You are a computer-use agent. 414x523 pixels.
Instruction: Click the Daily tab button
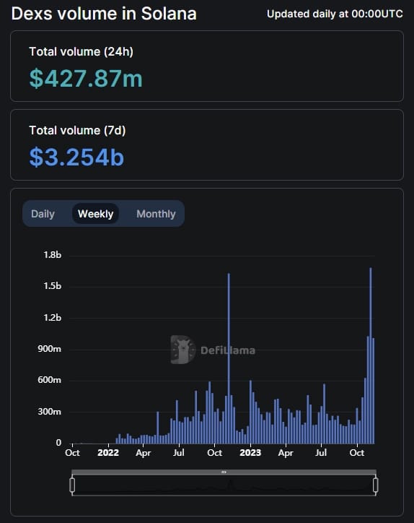(x=43, y=214)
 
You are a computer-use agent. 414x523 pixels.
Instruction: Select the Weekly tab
(x=95, y=214)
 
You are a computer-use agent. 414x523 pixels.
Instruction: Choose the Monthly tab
(x=156, y=214)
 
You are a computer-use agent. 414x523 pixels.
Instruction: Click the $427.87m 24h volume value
(x=86, y=77)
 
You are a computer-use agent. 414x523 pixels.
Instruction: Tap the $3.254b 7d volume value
(x=76, y=156)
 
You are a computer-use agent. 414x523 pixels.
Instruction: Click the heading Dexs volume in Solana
(x=104, y=14)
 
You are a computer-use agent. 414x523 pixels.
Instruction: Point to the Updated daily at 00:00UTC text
(x=335, y=14)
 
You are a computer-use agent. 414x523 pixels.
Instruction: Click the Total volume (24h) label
(x=81, y=51)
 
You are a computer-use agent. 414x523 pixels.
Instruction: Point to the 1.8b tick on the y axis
(x=53, y=255)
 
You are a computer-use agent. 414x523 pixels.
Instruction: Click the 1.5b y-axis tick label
(x=53, y=287)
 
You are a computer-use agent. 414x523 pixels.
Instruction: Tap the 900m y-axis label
(x=50, y=349)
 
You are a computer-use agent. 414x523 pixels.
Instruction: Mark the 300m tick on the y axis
(x=50, y=412)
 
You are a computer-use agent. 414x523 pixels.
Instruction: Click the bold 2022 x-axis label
(x=107, y=453)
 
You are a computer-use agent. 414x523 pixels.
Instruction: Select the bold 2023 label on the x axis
(x=250, y=453)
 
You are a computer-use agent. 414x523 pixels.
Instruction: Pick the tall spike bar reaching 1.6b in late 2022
(x=229, y=358)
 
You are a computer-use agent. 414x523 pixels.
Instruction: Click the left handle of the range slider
(x=72, y=485)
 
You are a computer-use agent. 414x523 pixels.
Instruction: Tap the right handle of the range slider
(x=375, y=485)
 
